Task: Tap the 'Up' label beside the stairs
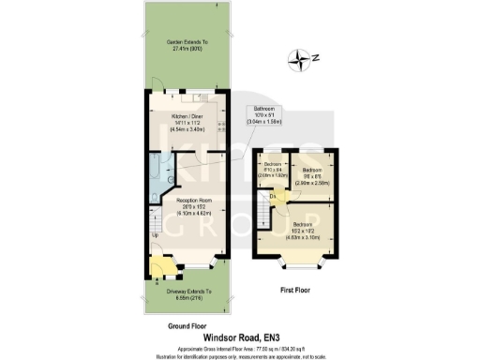[x=156, y=234]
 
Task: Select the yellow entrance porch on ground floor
[x=157, y=271]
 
